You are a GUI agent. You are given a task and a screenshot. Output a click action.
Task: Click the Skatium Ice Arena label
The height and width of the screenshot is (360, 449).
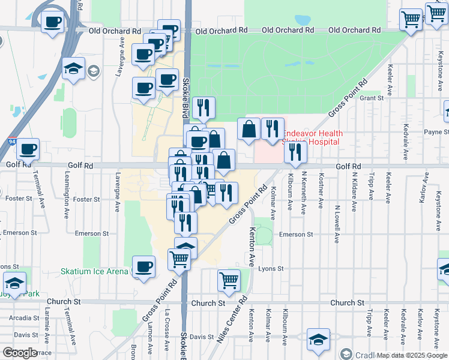(x=94, y=271)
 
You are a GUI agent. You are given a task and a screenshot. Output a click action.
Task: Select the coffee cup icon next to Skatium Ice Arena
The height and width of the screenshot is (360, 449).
(x=143, y=267)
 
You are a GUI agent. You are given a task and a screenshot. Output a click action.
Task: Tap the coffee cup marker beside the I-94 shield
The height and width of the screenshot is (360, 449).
(x=28, y=148)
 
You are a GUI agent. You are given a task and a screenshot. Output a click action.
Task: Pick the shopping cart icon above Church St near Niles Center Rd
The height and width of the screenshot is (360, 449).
(x=229, y=280)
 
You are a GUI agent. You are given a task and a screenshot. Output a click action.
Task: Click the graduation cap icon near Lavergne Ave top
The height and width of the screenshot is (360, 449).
(x=73, y=68)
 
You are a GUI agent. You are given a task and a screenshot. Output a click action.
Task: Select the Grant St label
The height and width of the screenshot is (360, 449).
(x=372, y=98)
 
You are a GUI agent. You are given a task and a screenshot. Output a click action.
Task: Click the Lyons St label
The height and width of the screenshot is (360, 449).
(x=270, y=269)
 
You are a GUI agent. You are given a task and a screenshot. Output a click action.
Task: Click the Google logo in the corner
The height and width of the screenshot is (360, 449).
(x=20, y=352)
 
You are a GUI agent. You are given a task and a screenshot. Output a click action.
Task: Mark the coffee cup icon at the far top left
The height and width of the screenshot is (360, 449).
(x=52, y=23)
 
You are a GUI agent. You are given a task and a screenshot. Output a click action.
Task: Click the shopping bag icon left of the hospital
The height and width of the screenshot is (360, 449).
(x=249, y=128)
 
